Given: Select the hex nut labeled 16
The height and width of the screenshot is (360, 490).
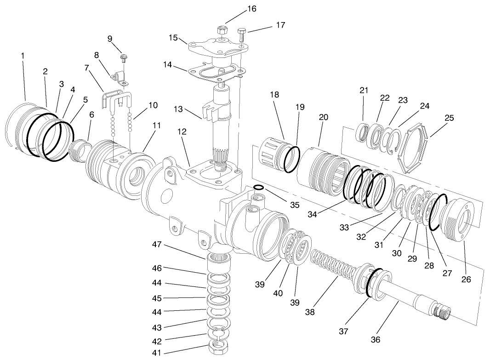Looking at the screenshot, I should point(221,30).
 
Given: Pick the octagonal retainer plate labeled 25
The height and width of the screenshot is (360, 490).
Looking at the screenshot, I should point(414,147).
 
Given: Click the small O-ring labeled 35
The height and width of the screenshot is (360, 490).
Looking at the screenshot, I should point(259,187).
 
